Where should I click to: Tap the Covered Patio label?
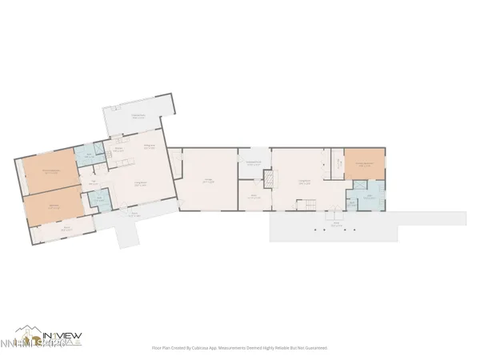coord(138,117)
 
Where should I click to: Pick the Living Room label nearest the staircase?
coord(305,182)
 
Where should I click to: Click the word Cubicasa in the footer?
coord(202,348)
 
